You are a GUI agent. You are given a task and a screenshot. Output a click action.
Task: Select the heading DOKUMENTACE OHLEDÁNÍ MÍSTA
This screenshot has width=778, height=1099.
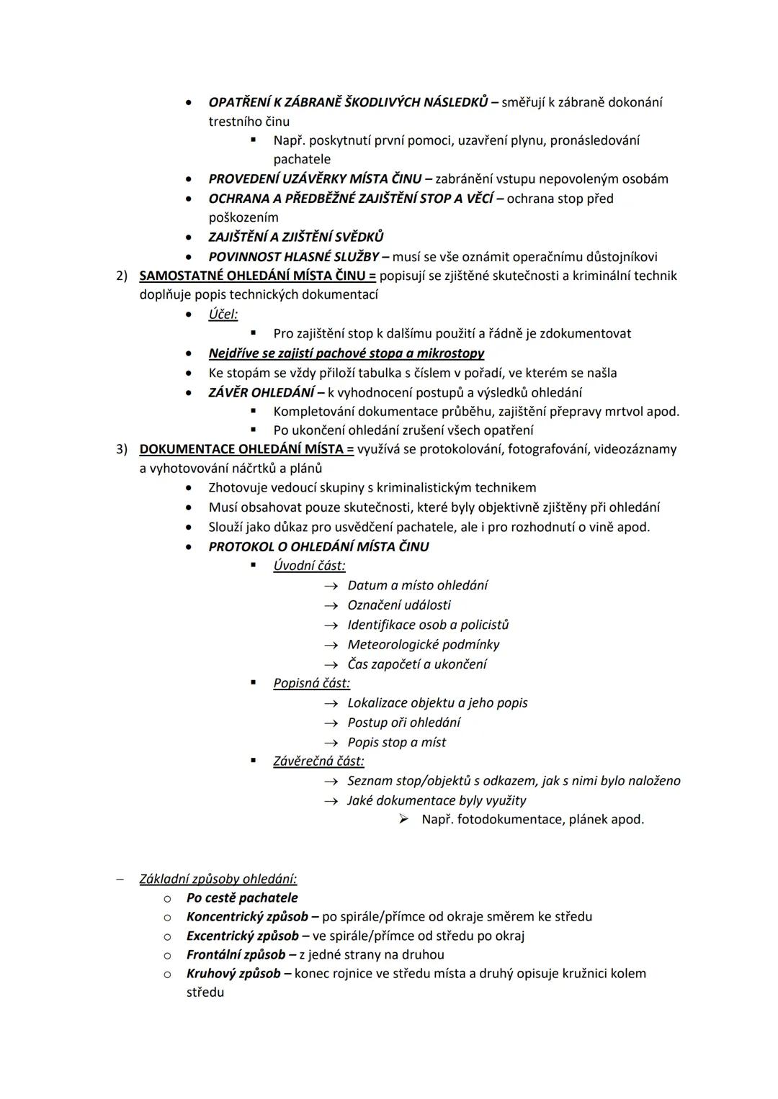(x=246, y=449)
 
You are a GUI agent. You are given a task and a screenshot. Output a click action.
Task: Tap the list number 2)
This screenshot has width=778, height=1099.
(x=122, y=276)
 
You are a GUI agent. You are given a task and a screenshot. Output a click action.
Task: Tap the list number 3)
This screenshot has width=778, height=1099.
(x=122, y=449)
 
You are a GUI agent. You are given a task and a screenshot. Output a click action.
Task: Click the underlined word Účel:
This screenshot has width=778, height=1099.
(x=223, y=315)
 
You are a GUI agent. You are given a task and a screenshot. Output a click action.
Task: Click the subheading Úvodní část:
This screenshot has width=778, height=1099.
(x=309, y=566)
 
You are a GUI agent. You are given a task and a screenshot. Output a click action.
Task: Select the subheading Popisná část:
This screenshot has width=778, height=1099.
(x=311, y=683)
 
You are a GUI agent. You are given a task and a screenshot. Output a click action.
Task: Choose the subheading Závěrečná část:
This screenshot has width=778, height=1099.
(x=318, y=761)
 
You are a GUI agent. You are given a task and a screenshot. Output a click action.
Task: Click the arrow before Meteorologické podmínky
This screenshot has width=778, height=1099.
(x=331, y=645)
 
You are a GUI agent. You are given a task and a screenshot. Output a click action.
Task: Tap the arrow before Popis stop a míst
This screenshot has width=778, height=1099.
(x=331, y=743)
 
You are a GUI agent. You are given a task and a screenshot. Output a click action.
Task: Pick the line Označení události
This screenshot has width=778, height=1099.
(x=399, y=605)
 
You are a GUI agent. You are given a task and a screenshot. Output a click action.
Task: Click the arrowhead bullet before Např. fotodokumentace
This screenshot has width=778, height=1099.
(x=404, y=819)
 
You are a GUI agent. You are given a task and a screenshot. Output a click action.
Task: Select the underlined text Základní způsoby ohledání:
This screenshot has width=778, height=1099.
(x=218, y=879)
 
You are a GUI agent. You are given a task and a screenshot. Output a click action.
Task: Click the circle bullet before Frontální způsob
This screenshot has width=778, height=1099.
(x=167, y=955)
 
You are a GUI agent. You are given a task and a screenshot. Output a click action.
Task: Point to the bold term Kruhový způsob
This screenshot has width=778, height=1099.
(x=233, y=973)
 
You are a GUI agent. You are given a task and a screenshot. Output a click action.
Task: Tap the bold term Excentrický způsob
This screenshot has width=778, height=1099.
(x=242, y=936)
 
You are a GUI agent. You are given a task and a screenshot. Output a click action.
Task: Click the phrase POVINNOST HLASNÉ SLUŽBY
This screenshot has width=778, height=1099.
(x=293, y=256)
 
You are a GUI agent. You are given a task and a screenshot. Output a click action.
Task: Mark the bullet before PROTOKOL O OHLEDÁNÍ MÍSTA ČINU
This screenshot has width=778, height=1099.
(x=189, y=547)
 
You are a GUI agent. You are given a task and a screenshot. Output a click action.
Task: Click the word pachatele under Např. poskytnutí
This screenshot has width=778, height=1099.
(x=302, y=159)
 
